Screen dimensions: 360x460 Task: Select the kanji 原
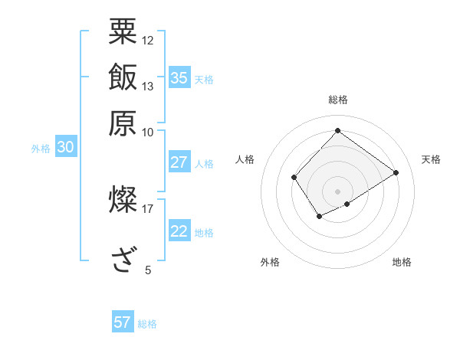point(123,123)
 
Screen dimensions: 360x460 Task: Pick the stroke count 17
point(148,208)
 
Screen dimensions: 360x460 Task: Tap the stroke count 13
point(148,86)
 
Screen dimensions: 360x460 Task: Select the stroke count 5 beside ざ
point(148,270)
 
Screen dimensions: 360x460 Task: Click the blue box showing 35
point(179,77)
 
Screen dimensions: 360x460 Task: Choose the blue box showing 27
point(179,162)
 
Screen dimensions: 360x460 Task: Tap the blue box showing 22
point(179,231)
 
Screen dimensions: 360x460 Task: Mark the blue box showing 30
point(64,148)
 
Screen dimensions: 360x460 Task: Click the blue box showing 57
point(122,322)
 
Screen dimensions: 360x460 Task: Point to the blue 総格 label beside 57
point(147,324)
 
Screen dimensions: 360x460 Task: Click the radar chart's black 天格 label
point(431,159)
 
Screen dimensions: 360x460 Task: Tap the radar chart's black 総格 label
point(337,100)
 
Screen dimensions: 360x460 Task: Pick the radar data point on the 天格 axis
point(396,172)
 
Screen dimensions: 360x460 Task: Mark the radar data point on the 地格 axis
point(347,204)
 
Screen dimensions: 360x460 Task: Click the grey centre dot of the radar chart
point(337,191)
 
